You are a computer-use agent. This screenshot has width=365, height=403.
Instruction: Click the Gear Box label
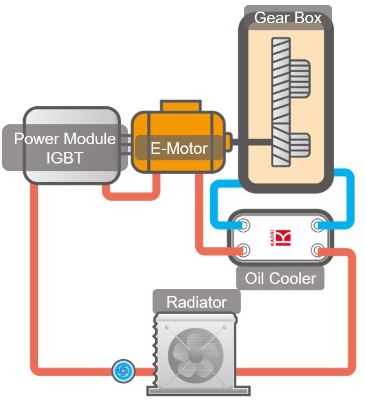pos(288,17)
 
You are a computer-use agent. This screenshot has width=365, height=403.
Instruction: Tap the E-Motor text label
pos(178,149)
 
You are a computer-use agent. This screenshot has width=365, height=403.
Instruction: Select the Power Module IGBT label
pos(64,148)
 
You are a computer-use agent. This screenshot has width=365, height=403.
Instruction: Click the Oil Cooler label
pos(281,278)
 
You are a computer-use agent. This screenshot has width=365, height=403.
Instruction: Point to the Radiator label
pos(196,302)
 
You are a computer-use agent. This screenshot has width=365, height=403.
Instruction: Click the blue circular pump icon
pos(121,370)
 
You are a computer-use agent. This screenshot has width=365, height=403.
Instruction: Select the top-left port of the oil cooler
pos(244,225)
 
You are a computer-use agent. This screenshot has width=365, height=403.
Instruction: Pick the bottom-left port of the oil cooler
pos(244,250)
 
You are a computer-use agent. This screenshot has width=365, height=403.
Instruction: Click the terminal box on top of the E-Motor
pos(179,106)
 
